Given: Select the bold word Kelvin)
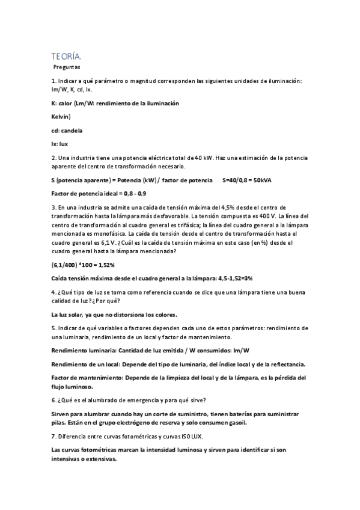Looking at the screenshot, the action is click(62, 116).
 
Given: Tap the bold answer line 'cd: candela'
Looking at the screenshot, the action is click(67, 130).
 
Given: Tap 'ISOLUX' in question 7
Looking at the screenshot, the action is click(225, 436).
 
